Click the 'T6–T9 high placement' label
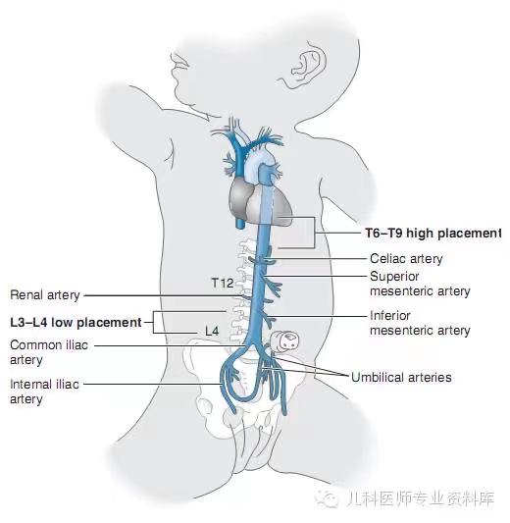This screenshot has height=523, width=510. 433,233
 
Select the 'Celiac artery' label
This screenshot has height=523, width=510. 406,258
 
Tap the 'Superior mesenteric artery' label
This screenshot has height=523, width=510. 420,284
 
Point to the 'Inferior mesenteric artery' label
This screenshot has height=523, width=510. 420,323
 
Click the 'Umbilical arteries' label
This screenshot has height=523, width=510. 401,377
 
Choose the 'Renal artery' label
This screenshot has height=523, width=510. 45,294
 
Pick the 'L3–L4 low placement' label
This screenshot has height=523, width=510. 76,323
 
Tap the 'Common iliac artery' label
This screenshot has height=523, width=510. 49,352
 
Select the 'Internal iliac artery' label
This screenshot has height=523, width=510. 44,392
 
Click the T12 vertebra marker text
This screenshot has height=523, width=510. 223,284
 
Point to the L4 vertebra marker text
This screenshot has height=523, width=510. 212,331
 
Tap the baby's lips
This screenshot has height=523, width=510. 179,65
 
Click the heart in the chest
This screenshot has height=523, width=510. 261,200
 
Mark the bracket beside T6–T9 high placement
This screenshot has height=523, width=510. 314,233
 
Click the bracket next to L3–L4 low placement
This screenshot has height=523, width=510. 153,322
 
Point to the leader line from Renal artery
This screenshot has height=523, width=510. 164,295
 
